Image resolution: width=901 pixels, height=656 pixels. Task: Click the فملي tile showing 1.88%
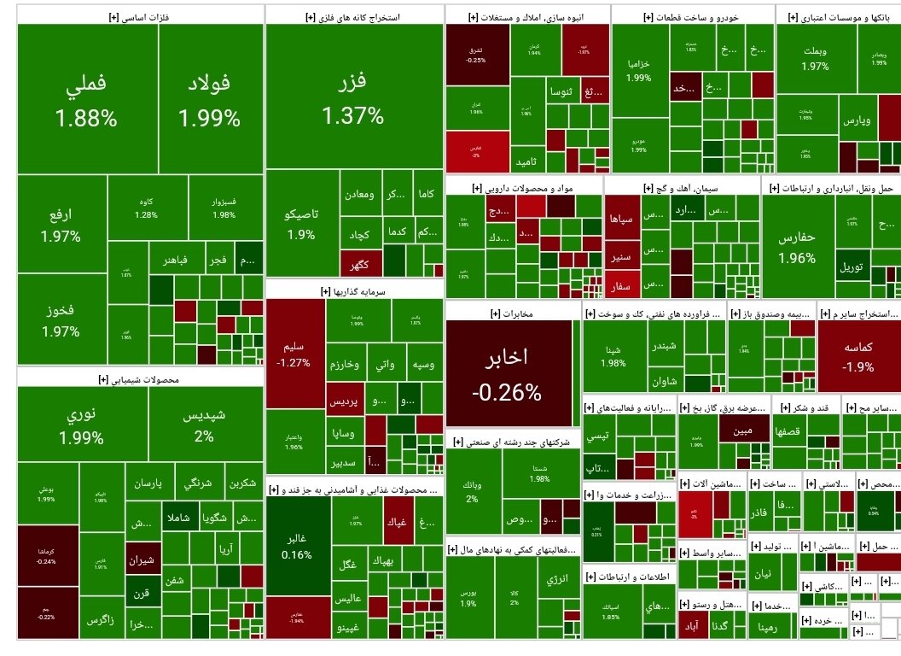(x=86, y=100)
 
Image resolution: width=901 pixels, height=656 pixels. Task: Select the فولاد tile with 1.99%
(x=209, y=100)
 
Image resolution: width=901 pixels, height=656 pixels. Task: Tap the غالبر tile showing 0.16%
(x=293, y=547)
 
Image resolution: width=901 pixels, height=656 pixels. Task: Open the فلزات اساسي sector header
(x=140, y=15)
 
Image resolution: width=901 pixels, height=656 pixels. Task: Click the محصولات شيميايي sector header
(x=140, y=378)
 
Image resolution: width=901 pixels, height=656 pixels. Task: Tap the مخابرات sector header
(x=513, y=313)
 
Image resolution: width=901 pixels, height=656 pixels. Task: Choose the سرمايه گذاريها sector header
(x=354, y=291)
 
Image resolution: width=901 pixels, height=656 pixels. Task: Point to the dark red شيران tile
(x=142, y=561)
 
